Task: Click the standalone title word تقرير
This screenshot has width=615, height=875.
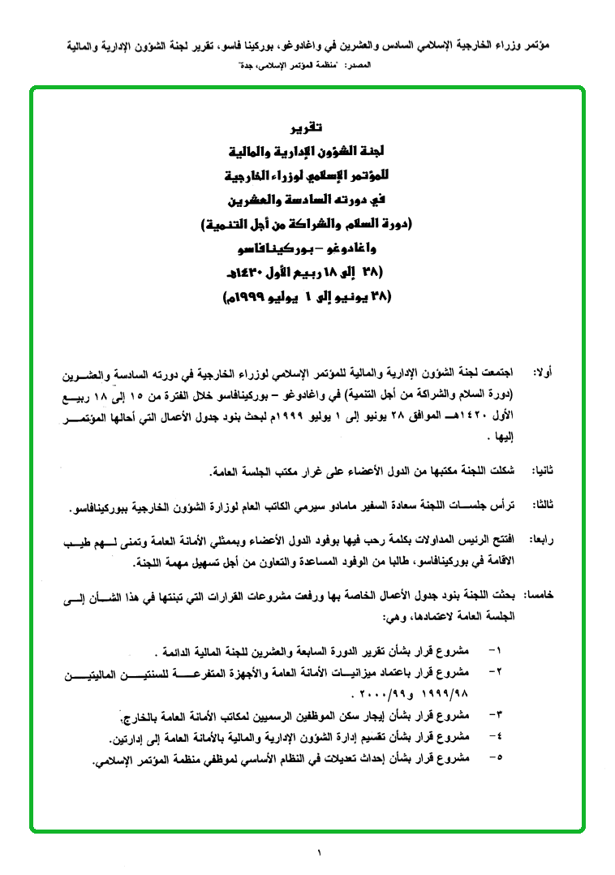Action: click(x=307, y=127)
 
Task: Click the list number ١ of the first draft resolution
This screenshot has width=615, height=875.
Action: click(x=498, y=650)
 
